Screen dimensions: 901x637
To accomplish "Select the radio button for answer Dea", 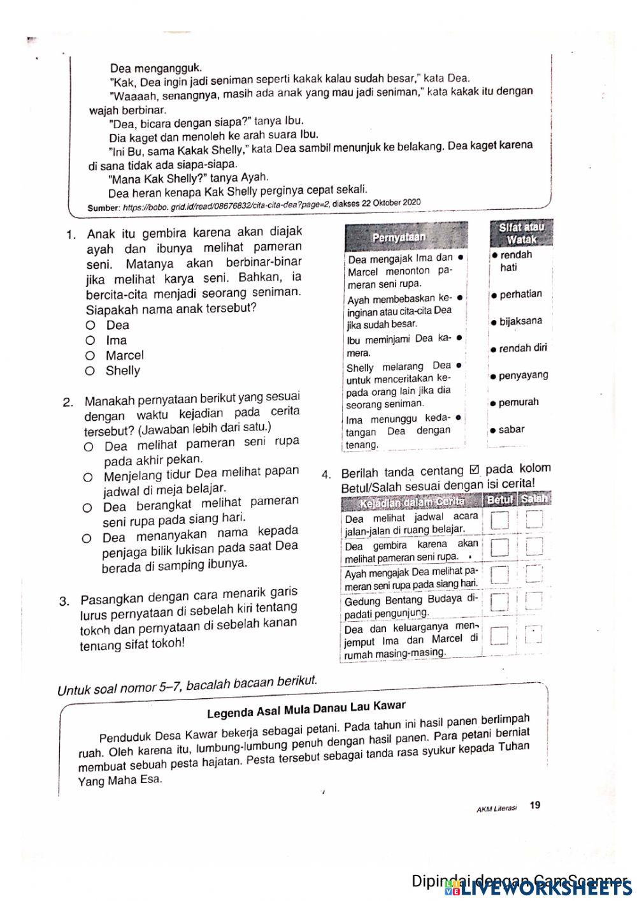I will pos(90,325).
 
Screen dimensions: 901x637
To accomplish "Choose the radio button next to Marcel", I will pos(90,356).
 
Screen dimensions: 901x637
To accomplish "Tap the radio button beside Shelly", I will pos(90,371).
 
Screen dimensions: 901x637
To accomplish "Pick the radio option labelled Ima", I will pos(90,341).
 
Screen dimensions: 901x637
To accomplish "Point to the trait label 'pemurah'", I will pos(518,402).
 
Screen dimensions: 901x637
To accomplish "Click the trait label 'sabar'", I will pos(511,430).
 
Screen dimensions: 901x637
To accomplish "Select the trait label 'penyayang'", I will pos(522,376).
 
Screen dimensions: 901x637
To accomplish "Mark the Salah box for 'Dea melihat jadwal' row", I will pos(534,520).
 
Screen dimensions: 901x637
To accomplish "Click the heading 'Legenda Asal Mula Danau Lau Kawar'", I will pos(306,710).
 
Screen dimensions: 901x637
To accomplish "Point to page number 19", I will pos(535,805).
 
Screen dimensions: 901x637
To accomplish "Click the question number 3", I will pos(64,601).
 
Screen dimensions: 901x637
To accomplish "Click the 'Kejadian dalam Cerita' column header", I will pos(412,502).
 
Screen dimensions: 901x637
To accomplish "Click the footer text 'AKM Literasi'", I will pos(496,808).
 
